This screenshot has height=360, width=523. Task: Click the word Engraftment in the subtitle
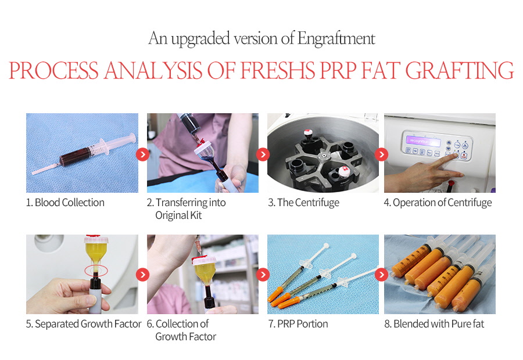click(x=336, y=38)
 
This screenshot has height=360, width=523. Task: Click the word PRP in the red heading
click(x=338, y=70)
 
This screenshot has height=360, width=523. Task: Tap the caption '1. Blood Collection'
click(x=65, y=202)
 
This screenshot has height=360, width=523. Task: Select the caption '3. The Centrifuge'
click(x=303, y=202)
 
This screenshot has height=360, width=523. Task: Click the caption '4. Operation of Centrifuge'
click(x=438, y=202)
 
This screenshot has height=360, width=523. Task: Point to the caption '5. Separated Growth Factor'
click(x=84, y=323)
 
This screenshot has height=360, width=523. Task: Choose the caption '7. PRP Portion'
click(x=298, y=323)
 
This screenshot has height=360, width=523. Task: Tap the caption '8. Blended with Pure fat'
click(x=434, y=323)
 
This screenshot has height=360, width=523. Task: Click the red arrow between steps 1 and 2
click(x=143, y=154)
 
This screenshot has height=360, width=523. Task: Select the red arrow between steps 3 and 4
click(x=381, y=154)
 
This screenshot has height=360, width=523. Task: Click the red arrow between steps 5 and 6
click(x=143, y=275)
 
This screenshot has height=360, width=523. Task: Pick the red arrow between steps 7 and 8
click(x=381, y=275)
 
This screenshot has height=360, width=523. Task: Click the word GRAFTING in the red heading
click(x=460, y=70)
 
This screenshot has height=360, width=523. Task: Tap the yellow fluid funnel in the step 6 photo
click(x=204, y=273)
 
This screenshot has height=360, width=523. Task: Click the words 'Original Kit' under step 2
click(x=178, y=215)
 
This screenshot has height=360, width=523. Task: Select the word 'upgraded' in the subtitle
click(x=200, y=39)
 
